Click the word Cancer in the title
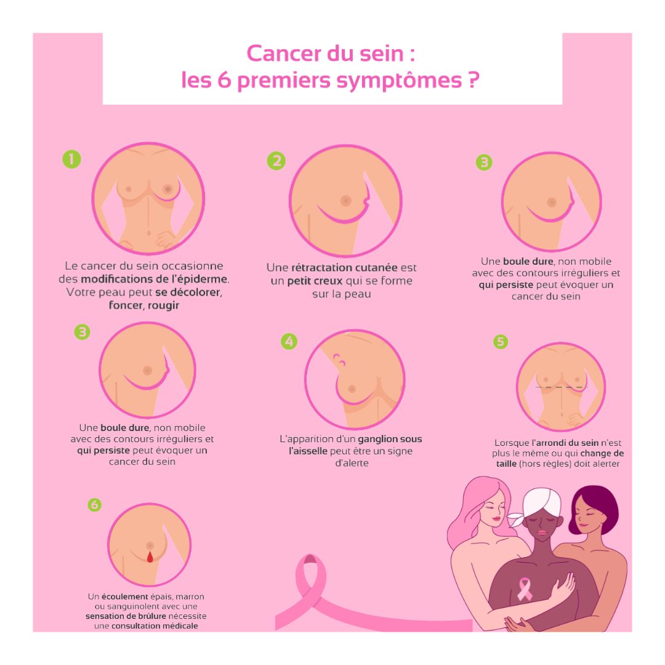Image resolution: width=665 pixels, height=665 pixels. (283, 54)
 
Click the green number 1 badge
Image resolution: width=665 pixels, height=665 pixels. (71, 159)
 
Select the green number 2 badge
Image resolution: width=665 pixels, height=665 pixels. (276, 161)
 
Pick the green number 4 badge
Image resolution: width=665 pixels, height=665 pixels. (289, 341)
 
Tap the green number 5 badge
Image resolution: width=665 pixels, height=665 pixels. (501, 342)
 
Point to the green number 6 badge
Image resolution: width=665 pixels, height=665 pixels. (95, 505)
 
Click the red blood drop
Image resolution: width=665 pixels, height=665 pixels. (150, 557)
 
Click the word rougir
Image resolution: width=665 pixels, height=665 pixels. (164, 306)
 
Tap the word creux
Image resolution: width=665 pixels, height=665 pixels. (328, 281)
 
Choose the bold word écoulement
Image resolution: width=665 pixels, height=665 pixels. (124, 597)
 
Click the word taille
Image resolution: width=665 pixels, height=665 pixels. (506, 464)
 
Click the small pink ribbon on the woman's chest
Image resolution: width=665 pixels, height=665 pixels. (525, 589)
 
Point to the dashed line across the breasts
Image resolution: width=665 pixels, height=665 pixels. (561, 387)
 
